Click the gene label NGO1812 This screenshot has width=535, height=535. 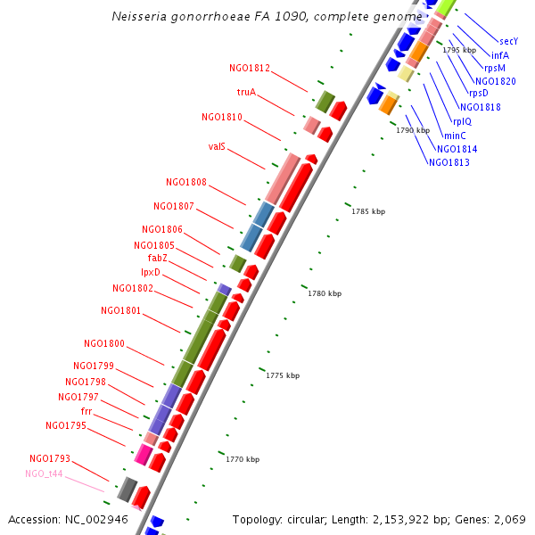point(249,68)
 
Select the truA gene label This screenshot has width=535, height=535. point(246,92)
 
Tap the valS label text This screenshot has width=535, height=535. point(217,146)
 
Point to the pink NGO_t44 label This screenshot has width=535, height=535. point(44,473)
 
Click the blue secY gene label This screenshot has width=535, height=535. point(508,41)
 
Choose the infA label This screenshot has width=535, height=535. point(500,55)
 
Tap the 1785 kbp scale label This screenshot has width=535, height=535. point(368,211)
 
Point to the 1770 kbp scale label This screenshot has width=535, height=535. point(242,459)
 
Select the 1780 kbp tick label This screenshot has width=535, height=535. point(325,293)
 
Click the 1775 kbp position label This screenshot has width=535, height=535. point(283,376)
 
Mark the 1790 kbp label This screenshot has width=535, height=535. point(413,130)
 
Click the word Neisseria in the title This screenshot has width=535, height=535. point(141,16)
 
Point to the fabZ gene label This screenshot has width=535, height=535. point(158,258)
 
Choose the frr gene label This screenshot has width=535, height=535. point(86,411)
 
